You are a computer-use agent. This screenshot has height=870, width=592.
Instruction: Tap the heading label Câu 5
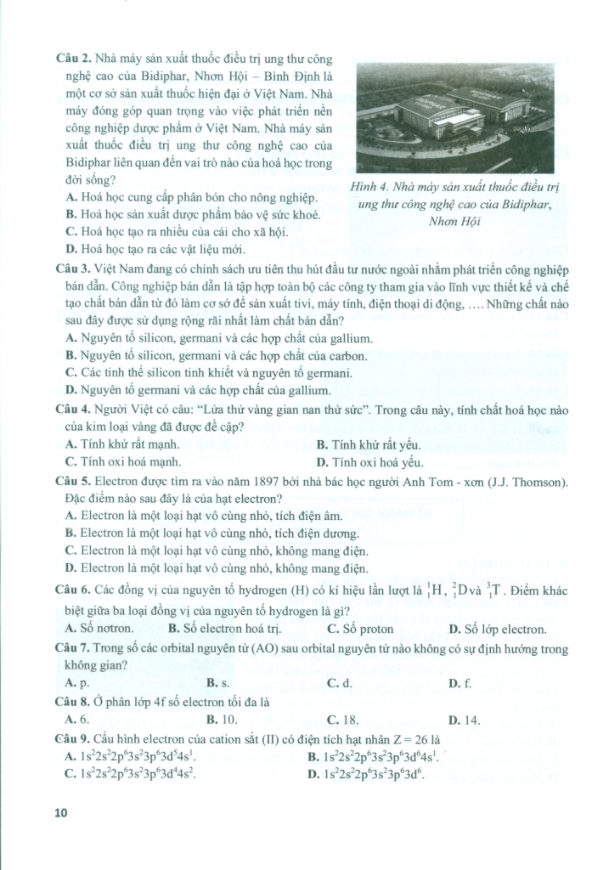coord(72,482)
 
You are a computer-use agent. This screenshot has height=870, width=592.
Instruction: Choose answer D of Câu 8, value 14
coord(464,720)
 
